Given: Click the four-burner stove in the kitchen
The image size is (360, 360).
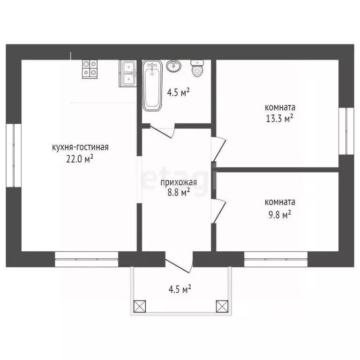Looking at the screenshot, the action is pos(90,69).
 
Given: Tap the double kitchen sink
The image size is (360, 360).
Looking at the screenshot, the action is pos(128,74).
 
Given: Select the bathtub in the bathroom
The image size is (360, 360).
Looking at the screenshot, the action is pos(152,85).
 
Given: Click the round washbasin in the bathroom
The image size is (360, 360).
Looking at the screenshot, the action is pos(174,66).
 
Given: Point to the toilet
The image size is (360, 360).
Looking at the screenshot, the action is pos(197,68).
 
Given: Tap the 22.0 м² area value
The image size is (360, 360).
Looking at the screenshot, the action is pos(80,159).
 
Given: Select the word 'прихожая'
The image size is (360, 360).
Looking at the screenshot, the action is pos(179,182).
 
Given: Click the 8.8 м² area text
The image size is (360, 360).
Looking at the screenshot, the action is pos(179,192).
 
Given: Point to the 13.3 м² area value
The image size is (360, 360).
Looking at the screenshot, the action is pos(280,119).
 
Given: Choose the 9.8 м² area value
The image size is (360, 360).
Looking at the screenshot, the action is pos(280,215).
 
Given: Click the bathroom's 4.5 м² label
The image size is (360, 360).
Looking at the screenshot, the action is pos(178,93).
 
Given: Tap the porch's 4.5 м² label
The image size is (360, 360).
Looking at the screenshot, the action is pos(180,289).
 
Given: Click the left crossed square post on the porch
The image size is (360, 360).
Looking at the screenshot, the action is pos(140,306).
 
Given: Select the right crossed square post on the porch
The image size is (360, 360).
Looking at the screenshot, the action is pos(222,306).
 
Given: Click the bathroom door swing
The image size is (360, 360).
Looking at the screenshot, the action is pos(163,131).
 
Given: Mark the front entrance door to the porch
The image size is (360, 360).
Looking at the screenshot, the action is pos(179,262).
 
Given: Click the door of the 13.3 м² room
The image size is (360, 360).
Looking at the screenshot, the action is pos(218,149).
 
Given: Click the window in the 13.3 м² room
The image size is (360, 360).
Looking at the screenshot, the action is pos(346,131).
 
